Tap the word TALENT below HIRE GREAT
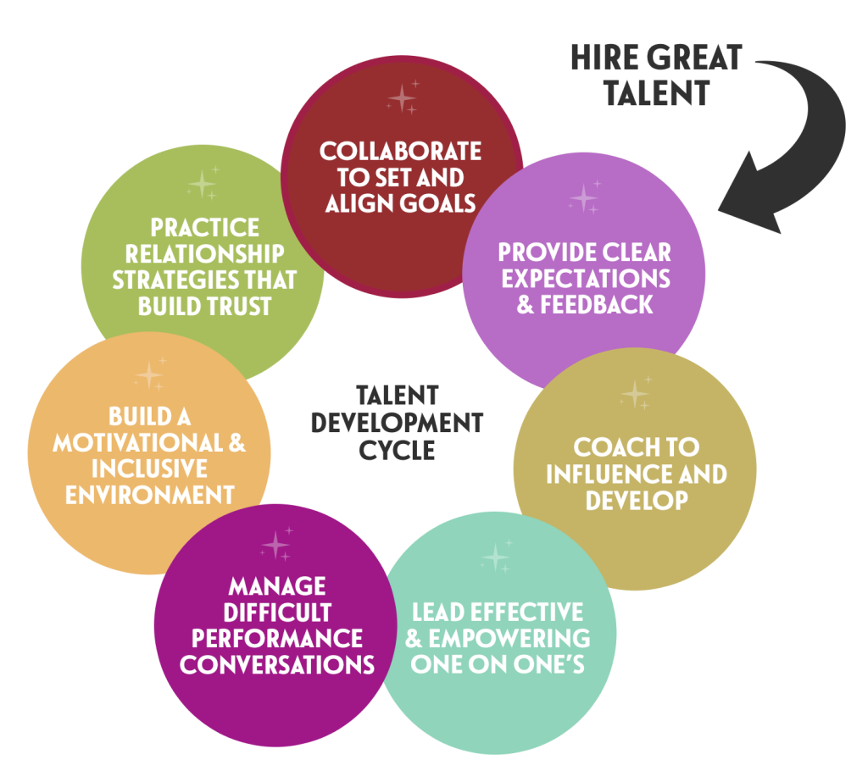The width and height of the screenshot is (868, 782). tap(657, 92)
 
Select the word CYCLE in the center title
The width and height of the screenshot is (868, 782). tap(397, 450)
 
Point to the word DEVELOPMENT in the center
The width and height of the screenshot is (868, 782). tap(397, 423)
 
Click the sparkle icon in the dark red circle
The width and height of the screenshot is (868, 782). tap(403, 97)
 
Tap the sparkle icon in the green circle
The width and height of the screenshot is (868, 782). tap(203, 183)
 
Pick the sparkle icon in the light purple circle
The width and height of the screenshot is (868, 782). tap(585, 197)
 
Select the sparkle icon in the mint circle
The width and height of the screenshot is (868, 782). tap(497, 556)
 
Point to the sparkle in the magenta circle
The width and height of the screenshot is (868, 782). tap(276, 544)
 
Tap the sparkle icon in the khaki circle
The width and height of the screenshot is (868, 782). tap(636, 393)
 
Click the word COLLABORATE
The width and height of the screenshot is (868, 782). tap(400, 151)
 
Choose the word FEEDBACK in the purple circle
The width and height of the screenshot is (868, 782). tap(597, 305)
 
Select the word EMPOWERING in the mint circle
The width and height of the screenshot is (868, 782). tap(509, 638)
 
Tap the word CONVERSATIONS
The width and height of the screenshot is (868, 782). tap(277, 665)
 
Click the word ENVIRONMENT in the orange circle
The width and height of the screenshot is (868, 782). tap(149, 495)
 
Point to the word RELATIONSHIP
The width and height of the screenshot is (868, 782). tap(204, 254)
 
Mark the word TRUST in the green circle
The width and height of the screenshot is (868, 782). tap(239, 306)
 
